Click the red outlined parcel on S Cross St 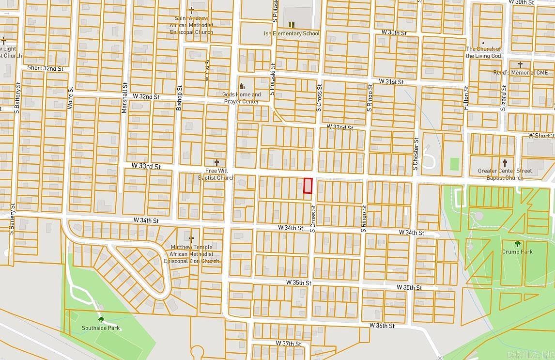[308, 186]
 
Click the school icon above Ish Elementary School [292, 25]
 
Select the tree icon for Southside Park [101, 319]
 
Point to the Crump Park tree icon [517, 244]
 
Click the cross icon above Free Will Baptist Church [216, 163]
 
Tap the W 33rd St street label [146, 166]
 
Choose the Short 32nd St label [45, 68]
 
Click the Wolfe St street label [71, 97]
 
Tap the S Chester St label [416, 154]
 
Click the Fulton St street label [466, 97]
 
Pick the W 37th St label [289, 344]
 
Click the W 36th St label [382, 326]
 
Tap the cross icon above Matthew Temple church [191, 239]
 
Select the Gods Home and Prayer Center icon [242, 86]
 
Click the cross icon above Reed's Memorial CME [521, 64]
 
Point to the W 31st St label [391, 81]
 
